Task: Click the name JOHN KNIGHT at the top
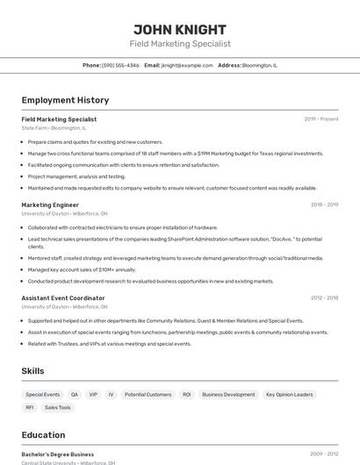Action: (180, 30)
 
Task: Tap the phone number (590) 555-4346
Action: (120, 65)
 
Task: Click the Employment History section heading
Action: (65, 100)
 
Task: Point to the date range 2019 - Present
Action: (321, 119)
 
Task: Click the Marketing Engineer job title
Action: (50, 204)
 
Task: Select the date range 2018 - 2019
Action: (324, 204)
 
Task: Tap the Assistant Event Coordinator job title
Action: (63, 298)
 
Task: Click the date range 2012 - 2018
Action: (324, 298)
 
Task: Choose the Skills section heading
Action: (33, 371)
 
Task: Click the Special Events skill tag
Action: (43, 395)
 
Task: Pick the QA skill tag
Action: (75, 395)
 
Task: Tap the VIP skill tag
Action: (93, 395)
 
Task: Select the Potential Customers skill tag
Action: (148, 395)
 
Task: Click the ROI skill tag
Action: (187, 395)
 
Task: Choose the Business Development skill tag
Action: (228, 395)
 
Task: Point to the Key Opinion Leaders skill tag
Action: (289, 395)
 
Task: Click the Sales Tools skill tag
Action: (58, 408)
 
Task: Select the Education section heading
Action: (44, 434)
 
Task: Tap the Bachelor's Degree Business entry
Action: (58, 454)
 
